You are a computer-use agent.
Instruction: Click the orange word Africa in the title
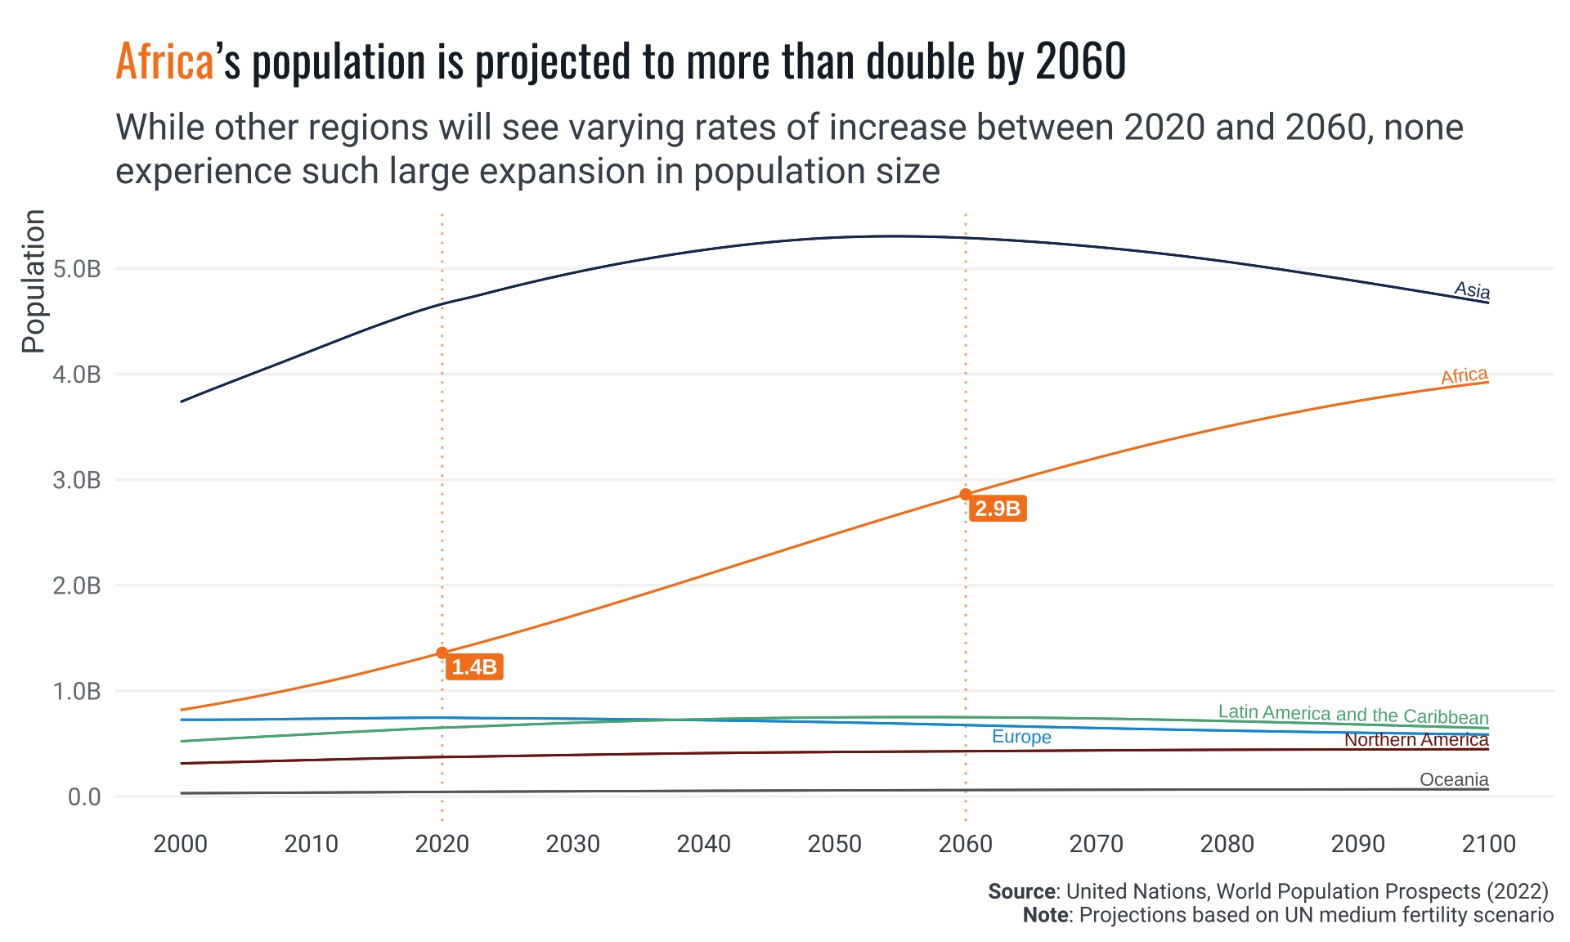pyautogui.click(x=164, y=61)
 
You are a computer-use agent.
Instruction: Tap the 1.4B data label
pyautogui.click(x=474, y=667)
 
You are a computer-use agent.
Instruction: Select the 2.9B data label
pyautogui.click(x=998, y=509)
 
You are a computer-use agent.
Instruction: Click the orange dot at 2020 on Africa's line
pyautogui.click(x=442, y=653)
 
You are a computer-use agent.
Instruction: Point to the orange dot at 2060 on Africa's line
pyautogui.click(x=966, y=494)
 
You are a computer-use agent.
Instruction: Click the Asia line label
pyautogui.click(x=1472, y=290)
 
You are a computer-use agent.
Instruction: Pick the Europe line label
pyautogui.click(x=1021, y=737)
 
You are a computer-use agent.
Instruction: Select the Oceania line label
pyautogui.click(x=1454, y=779)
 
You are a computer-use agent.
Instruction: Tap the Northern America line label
pyautogui.click(x=1416, y=739)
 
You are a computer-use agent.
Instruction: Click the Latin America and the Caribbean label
pyautogui.click(x=1353, y=715)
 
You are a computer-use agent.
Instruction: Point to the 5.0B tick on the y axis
pyautogui.click(x=77, y=269)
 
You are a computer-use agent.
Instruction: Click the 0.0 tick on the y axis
pyautogui.click(x=84, y=796)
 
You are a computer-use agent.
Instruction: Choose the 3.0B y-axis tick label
pyautogui.click(x=77, y=480)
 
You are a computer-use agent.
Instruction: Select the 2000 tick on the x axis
pyautogui.click(x=181, y=844)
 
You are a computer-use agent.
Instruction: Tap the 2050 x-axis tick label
pyautogui.click(x=835, y=844)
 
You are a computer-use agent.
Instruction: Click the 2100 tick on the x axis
pyautogui.click(x=1489, y=844)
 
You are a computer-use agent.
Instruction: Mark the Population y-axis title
pyautogui.click(x=34, y=281)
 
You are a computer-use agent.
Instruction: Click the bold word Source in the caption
pyautogui.click(x=1021, y=891)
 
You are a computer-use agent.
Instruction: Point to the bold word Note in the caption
pyautogui.click(x=1045, y=914)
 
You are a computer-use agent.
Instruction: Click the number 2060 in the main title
pyautogui.click(x=1080, y=61)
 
